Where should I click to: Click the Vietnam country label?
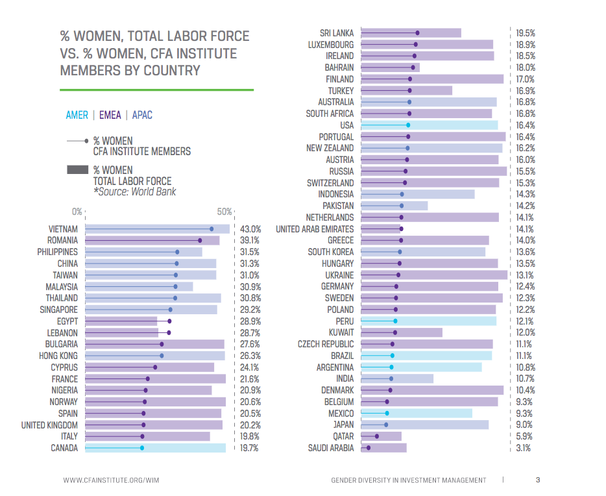click(x=63, y=229)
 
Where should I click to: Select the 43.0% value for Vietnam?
click(x=250, y=229)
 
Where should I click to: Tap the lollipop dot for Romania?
click(x=200, y=240)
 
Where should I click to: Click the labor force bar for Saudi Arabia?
click(x=383, y=448)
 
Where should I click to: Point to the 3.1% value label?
click(x=524, y=448)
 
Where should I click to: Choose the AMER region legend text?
click(x=77, y=115)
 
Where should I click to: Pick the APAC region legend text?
click(x=142, y=115)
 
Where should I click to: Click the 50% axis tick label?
click(x=224, y=212)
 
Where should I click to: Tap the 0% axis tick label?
click(x=77, y=212)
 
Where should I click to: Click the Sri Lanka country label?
click(x=337, y=33)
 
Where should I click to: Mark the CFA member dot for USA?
click(x=408, y=125)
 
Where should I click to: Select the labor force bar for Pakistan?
click(x=394, y=206)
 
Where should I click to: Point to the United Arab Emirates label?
click(x=315, y=229)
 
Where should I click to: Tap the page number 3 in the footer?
click(x=538, y=480)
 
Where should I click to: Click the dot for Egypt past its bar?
click(x=169, y=321)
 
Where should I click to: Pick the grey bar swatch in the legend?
click(x=77, y=170)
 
